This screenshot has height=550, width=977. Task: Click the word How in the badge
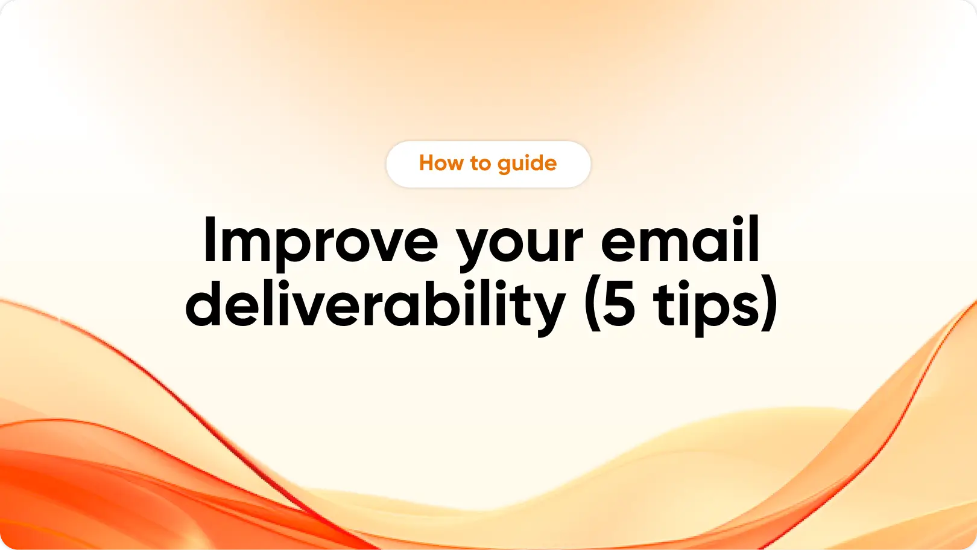tap(441, 163)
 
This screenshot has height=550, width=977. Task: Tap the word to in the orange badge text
tap(481, 164)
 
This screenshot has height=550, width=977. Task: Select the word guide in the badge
tap(527, 164)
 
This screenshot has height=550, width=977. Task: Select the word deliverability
tap(375, 307)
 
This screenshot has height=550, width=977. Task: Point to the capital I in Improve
tap(210, 240)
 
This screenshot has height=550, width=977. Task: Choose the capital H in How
tap(428, 163)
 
